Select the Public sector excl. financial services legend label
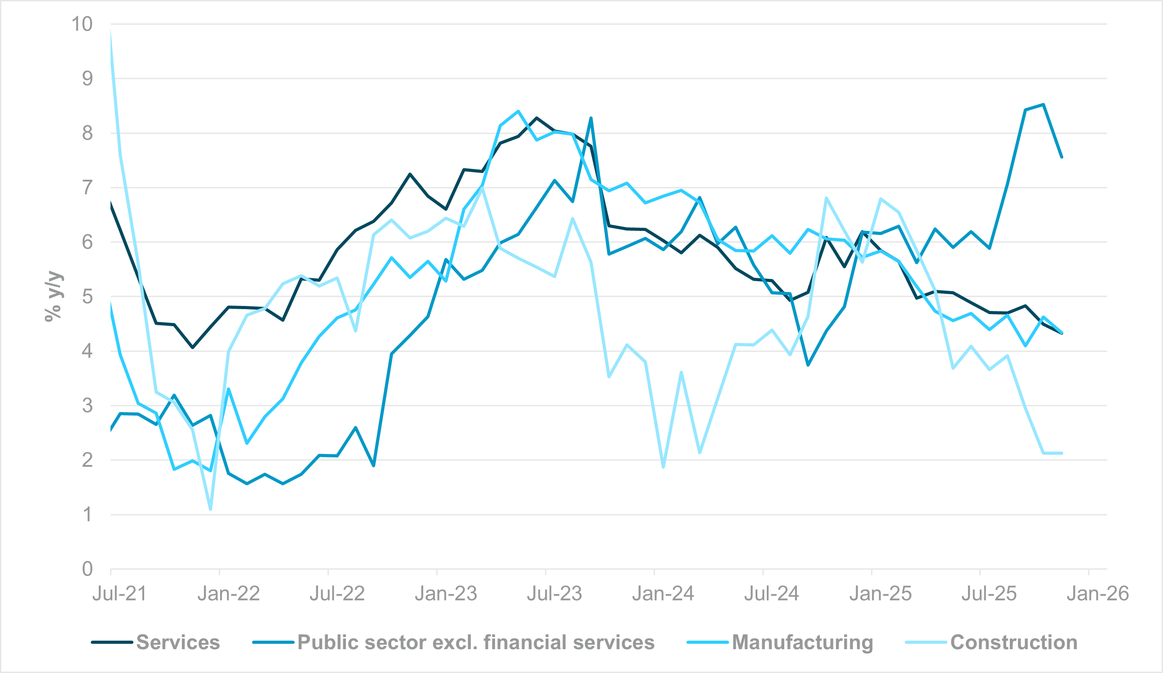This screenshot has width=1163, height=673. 476,642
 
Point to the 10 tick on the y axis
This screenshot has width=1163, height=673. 82,24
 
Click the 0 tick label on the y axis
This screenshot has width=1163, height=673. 87,569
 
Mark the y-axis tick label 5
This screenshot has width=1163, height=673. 87,297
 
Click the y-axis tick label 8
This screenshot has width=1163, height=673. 87,133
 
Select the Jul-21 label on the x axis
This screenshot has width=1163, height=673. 119,593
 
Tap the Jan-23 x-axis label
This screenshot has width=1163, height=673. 445,593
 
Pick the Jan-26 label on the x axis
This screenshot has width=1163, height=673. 1097,593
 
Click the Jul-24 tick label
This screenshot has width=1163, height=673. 771,593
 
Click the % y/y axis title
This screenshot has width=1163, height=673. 53,297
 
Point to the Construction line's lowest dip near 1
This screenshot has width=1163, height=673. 210,509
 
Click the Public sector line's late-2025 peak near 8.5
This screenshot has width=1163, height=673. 1044,104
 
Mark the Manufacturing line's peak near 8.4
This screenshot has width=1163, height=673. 518,111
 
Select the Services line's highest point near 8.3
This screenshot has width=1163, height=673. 536,118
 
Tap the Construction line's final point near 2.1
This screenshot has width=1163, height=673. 1062,453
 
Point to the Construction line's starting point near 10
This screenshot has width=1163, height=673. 111,31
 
